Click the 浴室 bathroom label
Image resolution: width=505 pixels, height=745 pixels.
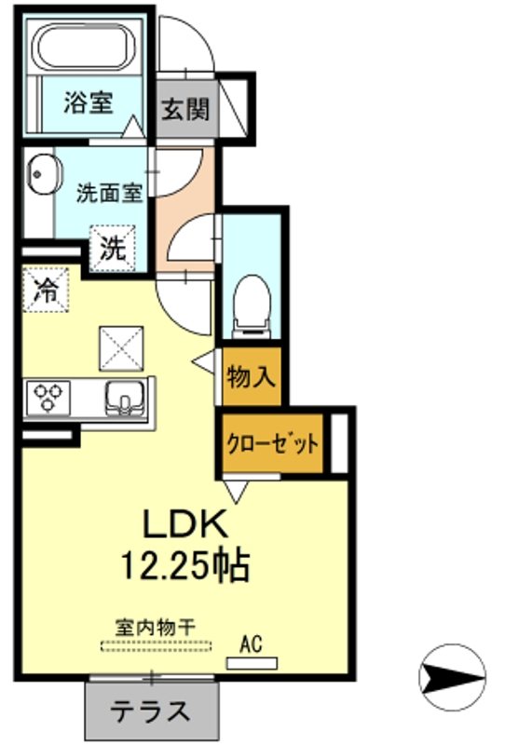point(89,103)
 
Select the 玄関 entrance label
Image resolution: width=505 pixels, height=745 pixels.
point(187,109)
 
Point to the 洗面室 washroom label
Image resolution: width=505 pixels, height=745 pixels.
point(109,194)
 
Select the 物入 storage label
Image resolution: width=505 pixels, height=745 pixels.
point(250,376)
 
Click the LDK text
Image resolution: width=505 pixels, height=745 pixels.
point(184,524)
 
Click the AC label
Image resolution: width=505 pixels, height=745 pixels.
point(252,642)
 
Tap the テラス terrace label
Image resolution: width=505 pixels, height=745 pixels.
point(152,712)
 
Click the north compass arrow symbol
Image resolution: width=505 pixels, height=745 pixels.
point(453,672)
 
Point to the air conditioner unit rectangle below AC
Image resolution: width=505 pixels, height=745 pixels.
point(252,663)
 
